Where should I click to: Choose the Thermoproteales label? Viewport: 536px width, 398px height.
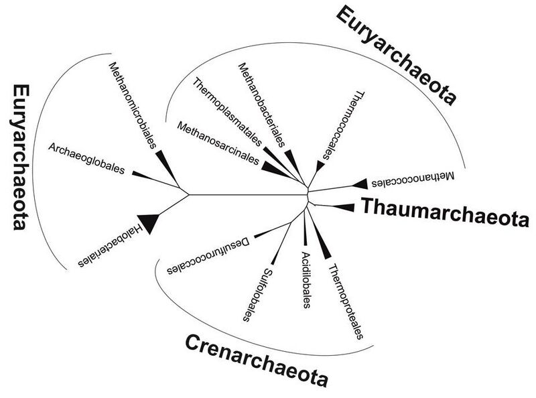point(348,301)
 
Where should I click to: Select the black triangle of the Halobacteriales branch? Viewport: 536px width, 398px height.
point(149,222)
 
